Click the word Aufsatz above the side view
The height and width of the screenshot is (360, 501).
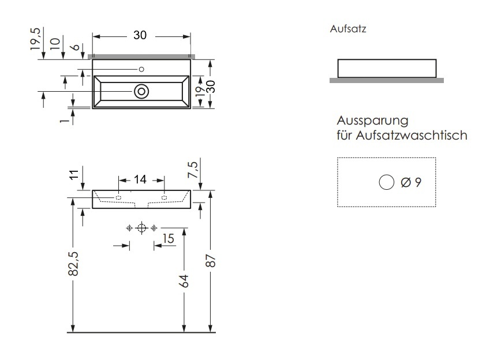tap(348, 29)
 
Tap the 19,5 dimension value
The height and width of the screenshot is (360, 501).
tap(36, 39)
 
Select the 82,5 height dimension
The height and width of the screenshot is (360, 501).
tap(73, 264)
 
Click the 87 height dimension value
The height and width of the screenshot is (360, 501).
tap(211, 261)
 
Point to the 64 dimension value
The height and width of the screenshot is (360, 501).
tap(184, 281)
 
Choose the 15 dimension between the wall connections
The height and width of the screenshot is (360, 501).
tap(168, 239)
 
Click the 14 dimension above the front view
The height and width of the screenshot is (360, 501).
tap(140, 179)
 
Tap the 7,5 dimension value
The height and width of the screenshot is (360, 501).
tap(193, 170)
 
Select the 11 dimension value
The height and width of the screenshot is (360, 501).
tap(74, 175)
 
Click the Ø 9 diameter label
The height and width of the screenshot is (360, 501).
tap(411, 182)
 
